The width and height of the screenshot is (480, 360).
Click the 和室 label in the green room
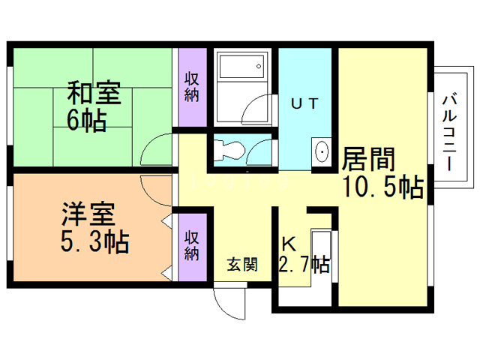point(94,94)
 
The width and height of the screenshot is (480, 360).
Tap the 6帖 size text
point(86,120)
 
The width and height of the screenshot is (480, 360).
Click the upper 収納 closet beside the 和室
point(192,87)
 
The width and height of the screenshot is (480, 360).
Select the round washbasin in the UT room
point(322,152)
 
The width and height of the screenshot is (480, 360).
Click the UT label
point(307,104)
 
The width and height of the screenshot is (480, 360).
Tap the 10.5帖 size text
point(382,187)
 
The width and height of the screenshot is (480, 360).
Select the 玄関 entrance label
point(243,264)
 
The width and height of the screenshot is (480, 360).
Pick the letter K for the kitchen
point(288,244)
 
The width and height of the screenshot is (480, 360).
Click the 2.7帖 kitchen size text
point(304,264)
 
